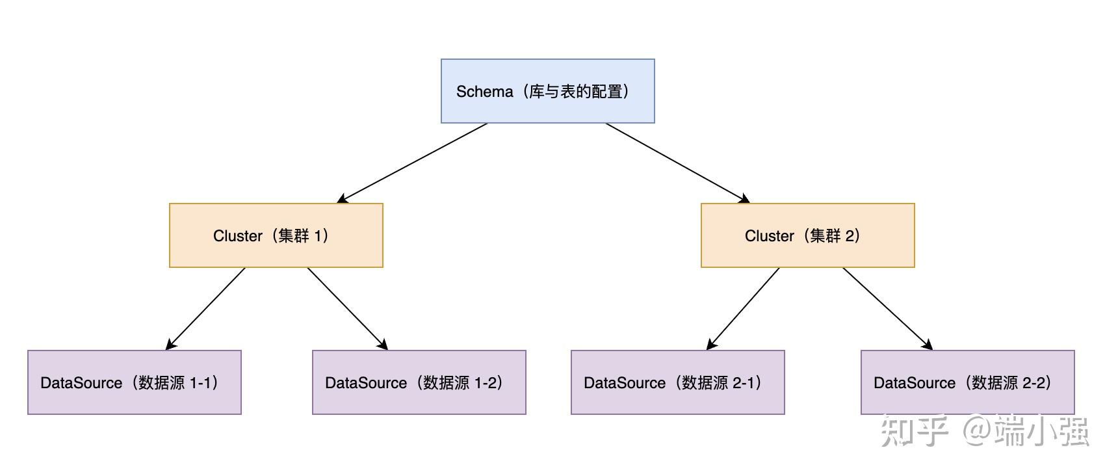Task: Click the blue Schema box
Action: [547, 91]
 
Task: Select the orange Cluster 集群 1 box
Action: [276, 235]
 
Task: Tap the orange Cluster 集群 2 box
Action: [807, 235]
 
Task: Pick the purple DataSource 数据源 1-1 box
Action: [134, 382]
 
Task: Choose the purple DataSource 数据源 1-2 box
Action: [419, 382]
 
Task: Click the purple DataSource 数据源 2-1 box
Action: [677, 382]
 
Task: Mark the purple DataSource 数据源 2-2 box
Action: [967, 382]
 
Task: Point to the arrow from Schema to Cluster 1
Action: [413, 163]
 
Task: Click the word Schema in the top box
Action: [484, 92]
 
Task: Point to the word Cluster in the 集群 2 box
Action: [769, 236]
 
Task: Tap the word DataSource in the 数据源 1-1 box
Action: [81, 383]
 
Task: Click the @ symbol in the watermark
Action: [977, 431]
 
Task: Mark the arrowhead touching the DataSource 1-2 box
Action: [383, 345]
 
